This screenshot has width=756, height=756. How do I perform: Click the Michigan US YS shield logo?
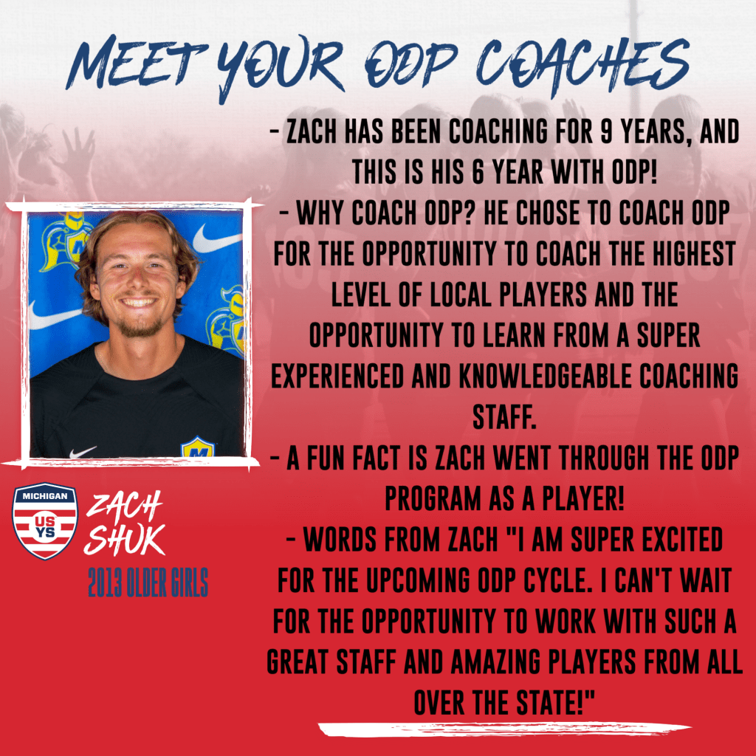point(45,520)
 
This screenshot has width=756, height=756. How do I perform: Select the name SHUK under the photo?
point(124,538)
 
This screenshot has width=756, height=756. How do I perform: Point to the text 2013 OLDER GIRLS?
point(148,582)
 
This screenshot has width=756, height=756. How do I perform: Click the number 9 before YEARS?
point(606,131)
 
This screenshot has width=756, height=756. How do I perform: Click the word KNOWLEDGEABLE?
point(546,376)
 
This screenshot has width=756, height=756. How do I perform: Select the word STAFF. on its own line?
point(504,417)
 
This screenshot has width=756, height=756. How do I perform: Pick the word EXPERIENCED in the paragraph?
point(337,376)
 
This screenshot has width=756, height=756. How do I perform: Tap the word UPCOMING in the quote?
point(417,580)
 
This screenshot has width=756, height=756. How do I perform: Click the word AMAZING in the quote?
point(495,661)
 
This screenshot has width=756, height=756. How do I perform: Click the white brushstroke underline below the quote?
point(504,729)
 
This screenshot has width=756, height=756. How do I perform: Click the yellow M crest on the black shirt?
point(197,447)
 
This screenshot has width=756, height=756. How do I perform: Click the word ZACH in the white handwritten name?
point(124,507)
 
